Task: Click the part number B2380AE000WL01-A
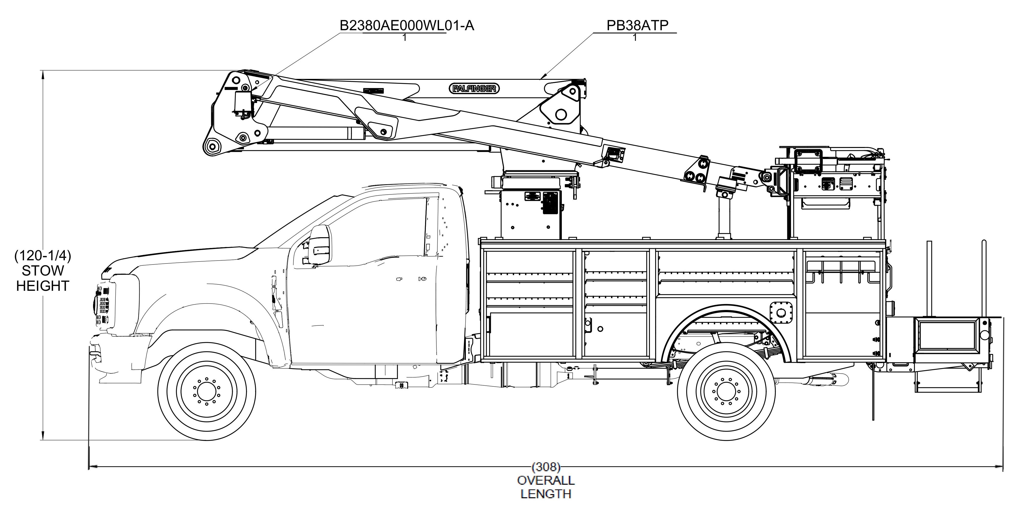(406, 26)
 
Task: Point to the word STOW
(42, 271)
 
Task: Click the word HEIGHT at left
(42, 286)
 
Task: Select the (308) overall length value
(546, 466)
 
